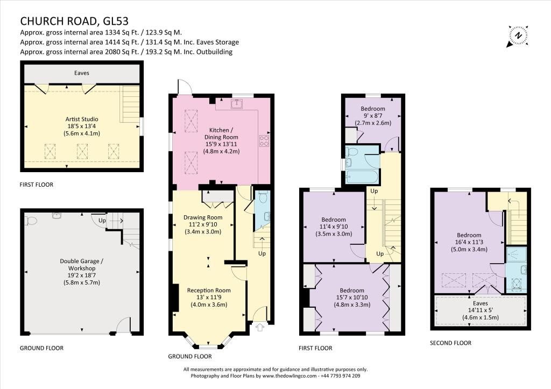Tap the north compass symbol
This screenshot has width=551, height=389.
click(518, 36)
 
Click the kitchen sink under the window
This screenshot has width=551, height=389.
click(237, 103)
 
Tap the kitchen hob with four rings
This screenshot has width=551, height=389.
click(265, 141)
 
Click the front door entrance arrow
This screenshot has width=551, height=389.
click(261, 326)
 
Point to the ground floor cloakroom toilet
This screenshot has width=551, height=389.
click(262, 198)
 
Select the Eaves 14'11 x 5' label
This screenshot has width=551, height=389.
click(479, 310)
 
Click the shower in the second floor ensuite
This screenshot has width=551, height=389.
click(517, 254)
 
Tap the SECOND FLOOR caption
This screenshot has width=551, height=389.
click(450, 343)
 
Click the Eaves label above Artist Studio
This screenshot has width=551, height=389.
click(82, 73)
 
